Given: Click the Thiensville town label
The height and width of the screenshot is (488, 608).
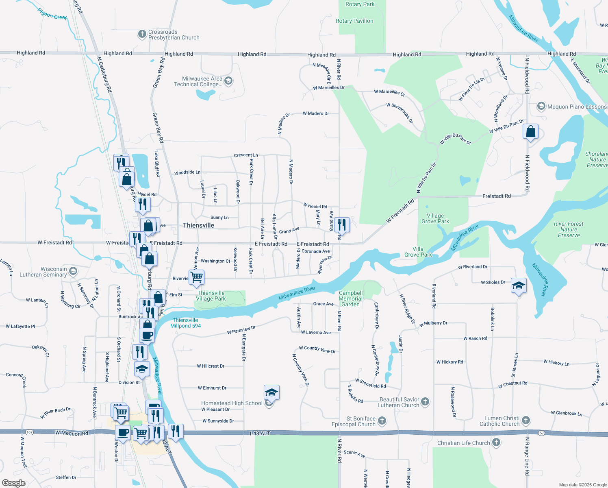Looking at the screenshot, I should tap(198, 225).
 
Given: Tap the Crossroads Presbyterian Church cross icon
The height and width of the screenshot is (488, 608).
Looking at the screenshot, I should tap(142, 34).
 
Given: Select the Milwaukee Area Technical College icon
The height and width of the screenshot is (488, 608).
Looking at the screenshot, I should tap(228, 81).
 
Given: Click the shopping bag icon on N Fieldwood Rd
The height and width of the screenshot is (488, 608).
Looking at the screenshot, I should tap(530, 132).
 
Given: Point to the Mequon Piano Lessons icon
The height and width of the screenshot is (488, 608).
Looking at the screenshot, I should tap(541, 107).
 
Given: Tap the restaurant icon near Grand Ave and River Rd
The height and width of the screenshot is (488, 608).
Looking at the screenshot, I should tap(342, 224).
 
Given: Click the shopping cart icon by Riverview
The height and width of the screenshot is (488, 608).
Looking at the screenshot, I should tap(197, 277).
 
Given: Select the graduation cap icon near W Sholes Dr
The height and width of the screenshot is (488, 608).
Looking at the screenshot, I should tap(519, 285).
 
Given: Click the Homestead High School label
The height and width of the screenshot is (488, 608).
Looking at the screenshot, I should tap(232, 403).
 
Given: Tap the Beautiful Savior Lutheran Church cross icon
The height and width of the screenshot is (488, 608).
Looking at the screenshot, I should tap(425, 402).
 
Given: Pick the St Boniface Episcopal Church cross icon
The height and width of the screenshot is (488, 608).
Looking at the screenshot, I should tap(382, 420).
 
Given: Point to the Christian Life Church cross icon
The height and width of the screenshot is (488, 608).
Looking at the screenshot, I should tap(496, 442).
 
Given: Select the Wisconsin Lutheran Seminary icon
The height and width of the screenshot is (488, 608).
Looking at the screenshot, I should tap(73, 271).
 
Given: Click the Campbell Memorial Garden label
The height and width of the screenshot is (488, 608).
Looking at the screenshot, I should tap(350, 298).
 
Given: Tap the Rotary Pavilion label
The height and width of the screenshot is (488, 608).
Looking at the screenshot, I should tap(354, 21).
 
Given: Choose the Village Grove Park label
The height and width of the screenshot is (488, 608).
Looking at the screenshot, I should tap(435, 218).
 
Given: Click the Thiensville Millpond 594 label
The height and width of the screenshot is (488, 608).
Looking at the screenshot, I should tap(185, 323).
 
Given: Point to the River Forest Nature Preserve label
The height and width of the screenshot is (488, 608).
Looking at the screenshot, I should tap(569, 229).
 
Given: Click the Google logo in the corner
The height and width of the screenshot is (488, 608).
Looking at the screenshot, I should tap(13, 483).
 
